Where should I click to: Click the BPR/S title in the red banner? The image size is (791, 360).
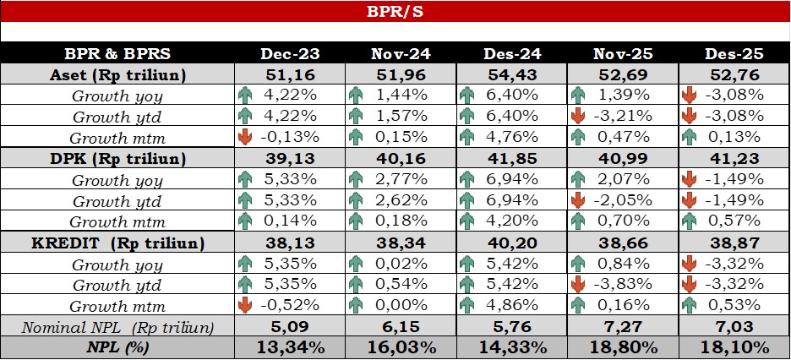pyautogui.click(x=395, y=12)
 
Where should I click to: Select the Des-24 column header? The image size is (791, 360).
pyautogui.click(x=512, y=54)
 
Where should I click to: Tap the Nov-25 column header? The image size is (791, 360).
pyautogui.click(x=623, y=54)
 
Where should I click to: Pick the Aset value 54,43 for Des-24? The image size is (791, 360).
pyautogui.click(x=512, y=75)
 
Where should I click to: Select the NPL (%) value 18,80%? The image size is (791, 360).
pyautogui.click(x=623, y=347)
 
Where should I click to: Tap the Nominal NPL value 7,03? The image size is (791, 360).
pyautogui.click(x=734, y=326)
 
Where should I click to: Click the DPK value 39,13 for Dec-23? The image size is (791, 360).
pyautogui.click(x=290, y=159)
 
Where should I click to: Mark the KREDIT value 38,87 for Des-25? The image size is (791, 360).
pyautogui.click(x=734, y=243)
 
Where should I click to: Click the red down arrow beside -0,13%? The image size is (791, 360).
pyautogui.click(x=245, y=137)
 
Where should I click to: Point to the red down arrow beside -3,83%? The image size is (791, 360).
pyautogui.click(x=579, y=284)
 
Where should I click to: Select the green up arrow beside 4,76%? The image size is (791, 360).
pyautogui.click(x=467, y=137)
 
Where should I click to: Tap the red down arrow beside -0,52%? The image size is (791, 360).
pyautogui.click(x=245, y=305)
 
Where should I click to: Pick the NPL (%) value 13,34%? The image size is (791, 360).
pyautogui.click(x=290, y=347)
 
